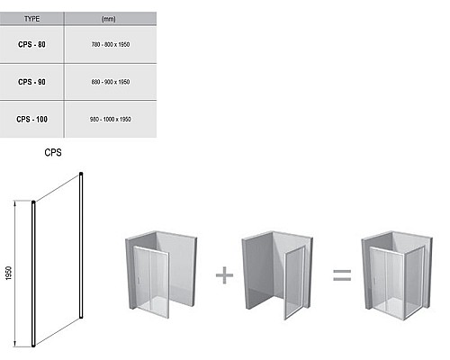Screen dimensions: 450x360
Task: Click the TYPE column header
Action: tap(31, 19)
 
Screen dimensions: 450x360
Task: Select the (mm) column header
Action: tap(108, 19)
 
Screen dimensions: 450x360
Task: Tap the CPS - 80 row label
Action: tap(31, 44)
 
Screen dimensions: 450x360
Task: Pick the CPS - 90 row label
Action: tap(31, 82)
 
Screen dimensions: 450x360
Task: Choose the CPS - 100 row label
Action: tap(31, 119)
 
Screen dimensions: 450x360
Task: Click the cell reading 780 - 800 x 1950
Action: tap(111, 44)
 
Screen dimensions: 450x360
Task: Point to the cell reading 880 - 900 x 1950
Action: tap(111, 82)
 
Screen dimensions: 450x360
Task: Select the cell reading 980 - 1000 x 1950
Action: tap(111, 119)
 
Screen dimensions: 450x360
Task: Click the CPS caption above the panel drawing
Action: tap(53, 152)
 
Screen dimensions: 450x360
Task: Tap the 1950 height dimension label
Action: tap(8, 274)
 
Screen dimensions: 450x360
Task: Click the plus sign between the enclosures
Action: tap(224, 275)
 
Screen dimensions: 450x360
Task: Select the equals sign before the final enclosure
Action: tap(342, 275)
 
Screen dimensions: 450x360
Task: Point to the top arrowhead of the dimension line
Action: tap(14, 203)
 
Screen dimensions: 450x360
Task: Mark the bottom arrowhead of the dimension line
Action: tap(14, 344)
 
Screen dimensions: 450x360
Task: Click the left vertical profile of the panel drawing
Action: tap(33, 274)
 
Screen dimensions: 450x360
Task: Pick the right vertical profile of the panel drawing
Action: tap(81, 245)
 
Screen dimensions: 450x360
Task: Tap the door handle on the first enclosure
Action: tap(139, 280)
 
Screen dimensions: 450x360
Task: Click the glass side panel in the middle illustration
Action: tap(294, 283)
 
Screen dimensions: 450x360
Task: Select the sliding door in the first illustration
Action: tap(151, 282)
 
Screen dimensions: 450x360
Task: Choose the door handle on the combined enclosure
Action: tap(375, 281)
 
